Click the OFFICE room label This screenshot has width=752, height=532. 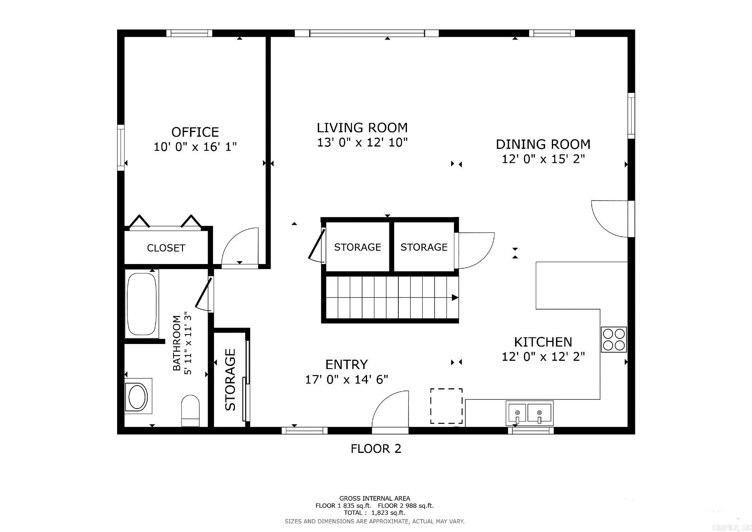coord(195,132)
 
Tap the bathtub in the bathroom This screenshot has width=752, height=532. coord(141,304)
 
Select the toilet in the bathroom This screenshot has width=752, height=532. coord(191,411)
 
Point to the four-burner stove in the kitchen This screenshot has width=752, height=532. coord(614,339)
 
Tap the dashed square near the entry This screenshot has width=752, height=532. coord(446,406)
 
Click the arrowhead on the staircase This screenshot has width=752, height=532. coord(455,297)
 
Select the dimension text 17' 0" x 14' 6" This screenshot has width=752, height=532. coord(346,379)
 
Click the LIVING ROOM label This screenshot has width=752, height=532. coord(362,128)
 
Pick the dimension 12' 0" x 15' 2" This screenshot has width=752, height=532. coord(543,159)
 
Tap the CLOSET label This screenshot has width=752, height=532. coord(166,248)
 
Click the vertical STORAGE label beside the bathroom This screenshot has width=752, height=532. coord(230,379)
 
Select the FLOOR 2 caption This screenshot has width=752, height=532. coord(376,449)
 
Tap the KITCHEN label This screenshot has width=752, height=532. coord(543,342)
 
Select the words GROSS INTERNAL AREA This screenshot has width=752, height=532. coord(374,498)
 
